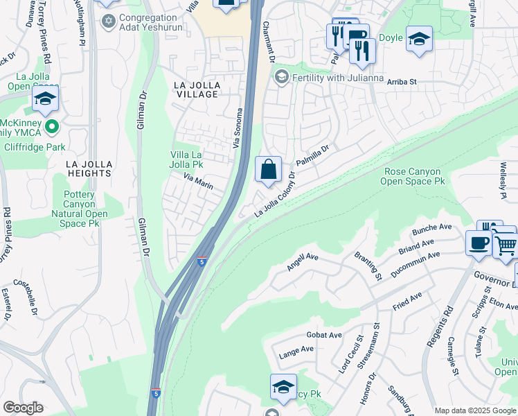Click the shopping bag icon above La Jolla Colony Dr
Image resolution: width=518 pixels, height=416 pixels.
268,168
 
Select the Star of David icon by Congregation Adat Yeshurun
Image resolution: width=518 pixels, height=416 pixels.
107,21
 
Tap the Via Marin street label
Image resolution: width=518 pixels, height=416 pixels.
197,182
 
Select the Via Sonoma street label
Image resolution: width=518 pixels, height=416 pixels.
240,128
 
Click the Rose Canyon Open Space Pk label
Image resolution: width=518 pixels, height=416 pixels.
412,176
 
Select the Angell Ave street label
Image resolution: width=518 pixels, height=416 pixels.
303,261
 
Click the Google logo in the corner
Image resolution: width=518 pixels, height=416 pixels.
23,408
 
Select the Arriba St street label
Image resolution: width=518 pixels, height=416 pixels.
401,81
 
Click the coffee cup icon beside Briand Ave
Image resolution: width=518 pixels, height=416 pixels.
479,243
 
